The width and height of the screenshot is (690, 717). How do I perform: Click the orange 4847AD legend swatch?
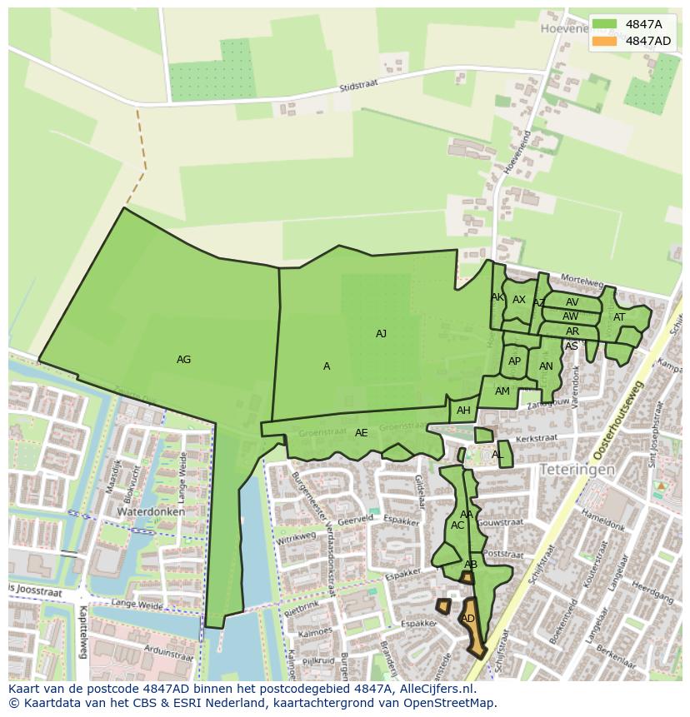(x=605, y=41)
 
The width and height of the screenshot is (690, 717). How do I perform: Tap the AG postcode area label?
(x=184, y=360)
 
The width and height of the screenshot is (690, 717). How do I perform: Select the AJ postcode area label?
(x=381, y=334)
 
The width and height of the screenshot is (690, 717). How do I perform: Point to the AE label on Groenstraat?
(x=361, y=433)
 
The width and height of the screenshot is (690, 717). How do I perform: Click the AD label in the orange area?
(x=468, y=619)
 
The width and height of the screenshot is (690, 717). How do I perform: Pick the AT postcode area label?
(x=619, y=317)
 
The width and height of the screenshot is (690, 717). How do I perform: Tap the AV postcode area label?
(x=572, y=302)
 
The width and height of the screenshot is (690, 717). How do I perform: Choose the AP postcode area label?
(x=514, y=361)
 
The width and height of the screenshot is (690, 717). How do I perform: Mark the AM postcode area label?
(x=502, y=391)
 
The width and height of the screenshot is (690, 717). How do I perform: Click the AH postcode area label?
(x=463, y=411)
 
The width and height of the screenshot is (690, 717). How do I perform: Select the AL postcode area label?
(x=497, y=455)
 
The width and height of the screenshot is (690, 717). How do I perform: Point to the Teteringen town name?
(x=577, y=470)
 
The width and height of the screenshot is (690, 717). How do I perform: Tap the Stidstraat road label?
(x=359, y=86)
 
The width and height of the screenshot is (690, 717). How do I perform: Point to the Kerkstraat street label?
(x=536, y=437)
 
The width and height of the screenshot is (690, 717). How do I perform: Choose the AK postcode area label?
(x=497, y=297)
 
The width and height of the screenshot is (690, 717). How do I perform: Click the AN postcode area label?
(x=546, y=366)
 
